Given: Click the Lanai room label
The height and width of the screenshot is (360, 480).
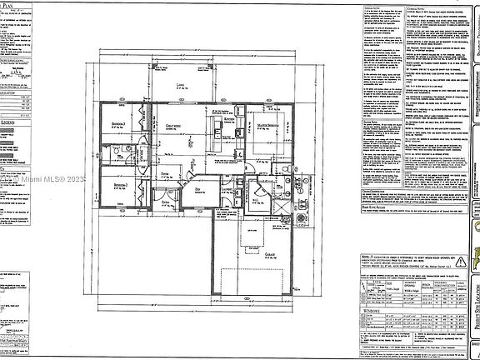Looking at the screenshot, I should click(180, 86).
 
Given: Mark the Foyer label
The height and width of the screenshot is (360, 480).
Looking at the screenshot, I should click(164, 173).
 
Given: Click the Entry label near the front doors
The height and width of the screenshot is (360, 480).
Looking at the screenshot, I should click(165, 202).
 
